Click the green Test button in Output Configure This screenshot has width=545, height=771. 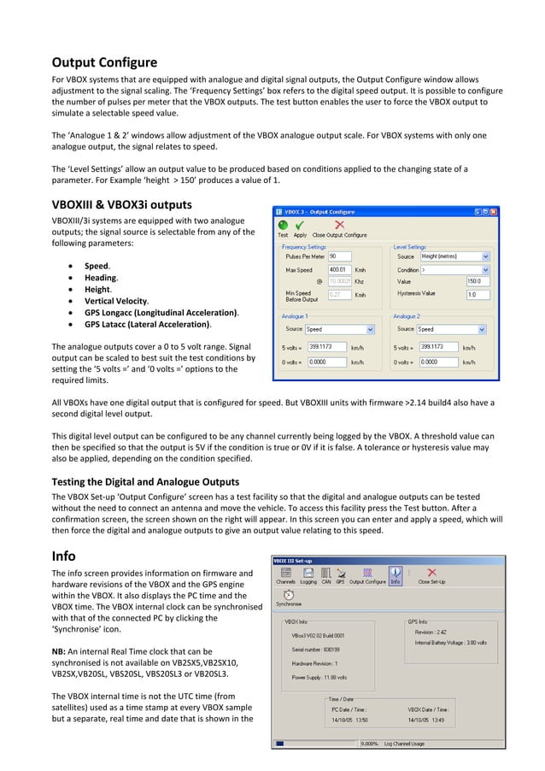[x=282, y=226]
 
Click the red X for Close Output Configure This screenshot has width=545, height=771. [x=339, y=226]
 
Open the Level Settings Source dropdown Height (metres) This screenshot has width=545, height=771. [x=454, y=256]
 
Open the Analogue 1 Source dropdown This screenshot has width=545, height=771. [x=340, y=328]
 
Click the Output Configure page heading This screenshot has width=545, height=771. [x=104, y=62]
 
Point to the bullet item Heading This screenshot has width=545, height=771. [x=101, y=278]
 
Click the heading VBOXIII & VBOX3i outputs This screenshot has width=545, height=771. [x=122, y=205]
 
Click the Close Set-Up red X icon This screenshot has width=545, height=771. [x=431, y=573]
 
